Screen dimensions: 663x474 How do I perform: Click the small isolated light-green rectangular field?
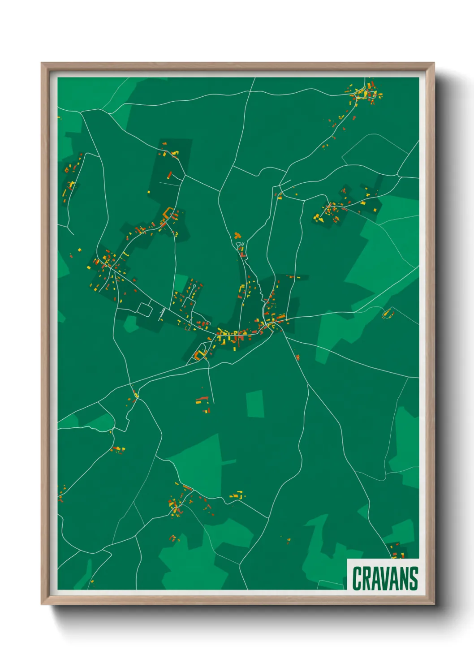pos(255,404)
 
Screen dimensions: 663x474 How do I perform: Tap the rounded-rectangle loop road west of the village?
pos(146,309)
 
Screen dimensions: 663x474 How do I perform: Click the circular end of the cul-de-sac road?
pos(195,285)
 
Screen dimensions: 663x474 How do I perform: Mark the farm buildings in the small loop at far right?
pos(387,313)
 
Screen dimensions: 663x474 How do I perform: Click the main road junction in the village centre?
pos(272,323)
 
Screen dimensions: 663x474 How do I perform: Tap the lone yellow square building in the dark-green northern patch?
pos(149,192)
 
